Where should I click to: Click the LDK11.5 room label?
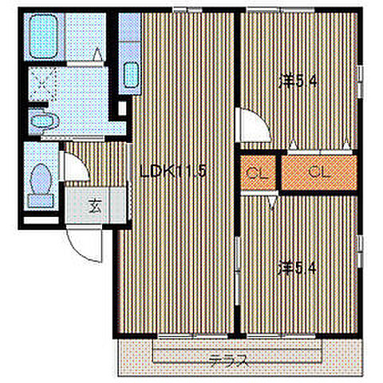173,171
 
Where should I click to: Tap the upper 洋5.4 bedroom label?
298,81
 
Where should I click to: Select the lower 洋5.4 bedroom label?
297,268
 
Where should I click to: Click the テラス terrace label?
228,361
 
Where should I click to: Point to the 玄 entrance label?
95,205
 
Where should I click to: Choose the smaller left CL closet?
258,172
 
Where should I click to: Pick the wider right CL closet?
319,172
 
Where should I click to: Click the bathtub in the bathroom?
43,37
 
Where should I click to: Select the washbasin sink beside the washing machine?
44,121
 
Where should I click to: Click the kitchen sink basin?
131,75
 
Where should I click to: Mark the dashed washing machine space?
42,84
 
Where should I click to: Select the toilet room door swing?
74,166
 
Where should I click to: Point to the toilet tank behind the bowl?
41,201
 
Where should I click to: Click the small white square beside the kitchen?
122,108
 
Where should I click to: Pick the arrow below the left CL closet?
272,203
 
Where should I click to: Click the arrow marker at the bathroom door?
97,54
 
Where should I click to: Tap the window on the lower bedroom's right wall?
360,251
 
